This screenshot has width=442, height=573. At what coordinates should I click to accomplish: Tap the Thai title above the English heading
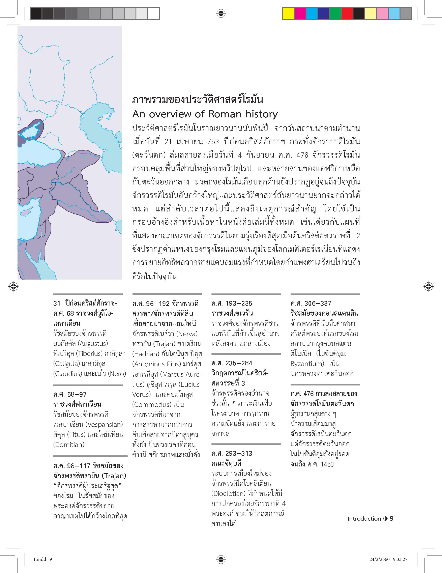198,100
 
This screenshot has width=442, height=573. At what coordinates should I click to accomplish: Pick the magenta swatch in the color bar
300,13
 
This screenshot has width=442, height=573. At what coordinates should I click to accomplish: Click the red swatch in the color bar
347,13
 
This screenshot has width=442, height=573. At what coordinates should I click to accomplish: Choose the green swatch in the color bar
335,13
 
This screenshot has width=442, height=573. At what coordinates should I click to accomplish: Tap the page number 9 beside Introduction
391,519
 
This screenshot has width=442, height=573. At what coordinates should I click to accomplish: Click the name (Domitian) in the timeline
69,445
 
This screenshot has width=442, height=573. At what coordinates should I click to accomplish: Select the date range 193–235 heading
239,304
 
